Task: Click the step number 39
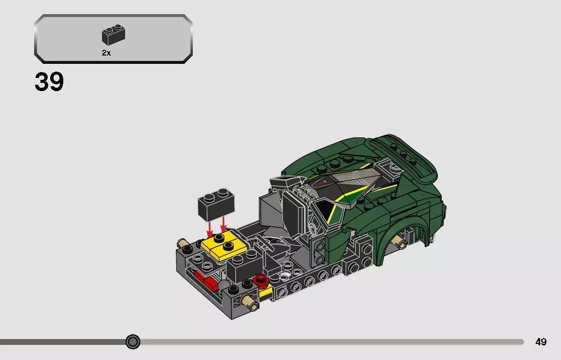pos(49,82)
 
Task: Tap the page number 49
pos(541,342)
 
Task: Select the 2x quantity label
pos(106,53)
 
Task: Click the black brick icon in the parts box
pos(113,34)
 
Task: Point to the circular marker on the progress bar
pos(132,342)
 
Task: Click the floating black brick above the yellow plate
pos(216,202)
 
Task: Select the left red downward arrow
pos(209,227)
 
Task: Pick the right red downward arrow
pos(224,225)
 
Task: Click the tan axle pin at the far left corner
pos(184,243)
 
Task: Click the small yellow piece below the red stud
pos(265,292)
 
